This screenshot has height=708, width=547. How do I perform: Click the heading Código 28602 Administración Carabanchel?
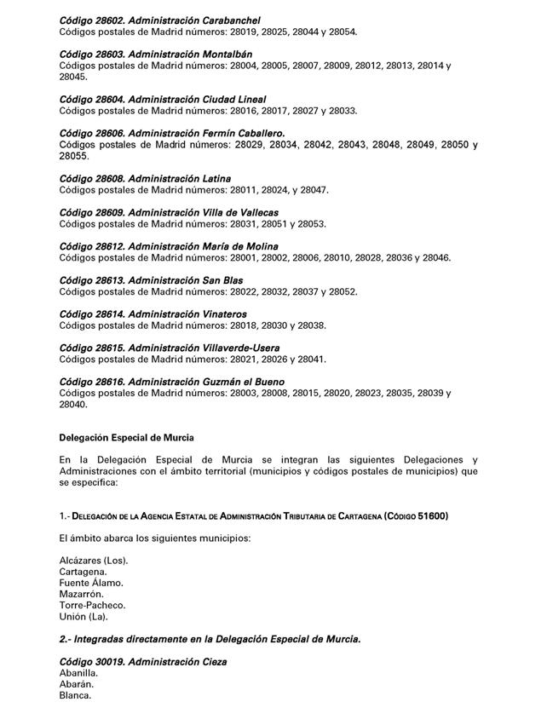coord(159,20)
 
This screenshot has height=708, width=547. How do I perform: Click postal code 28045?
coord(73,78)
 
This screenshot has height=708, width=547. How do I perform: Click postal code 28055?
coord(73,157)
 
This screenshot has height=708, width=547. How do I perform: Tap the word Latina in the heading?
coord(214,179)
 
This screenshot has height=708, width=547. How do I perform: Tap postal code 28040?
coord(73,405)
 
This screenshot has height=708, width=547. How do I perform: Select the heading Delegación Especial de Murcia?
coord(126,437)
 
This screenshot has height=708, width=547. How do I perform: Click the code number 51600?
coord(431,516)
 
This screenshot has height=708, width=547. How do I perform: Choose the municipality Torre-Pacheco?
coord(92,605)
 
